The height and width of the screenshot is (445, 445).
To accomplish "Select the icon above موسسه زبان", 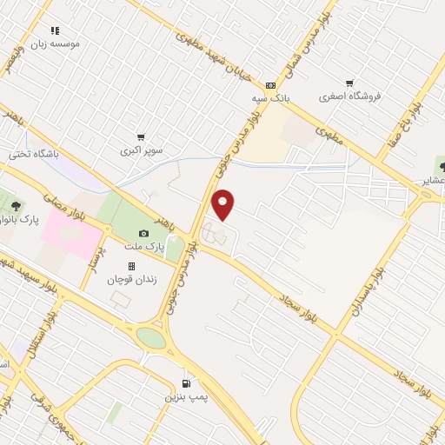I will (55, 30).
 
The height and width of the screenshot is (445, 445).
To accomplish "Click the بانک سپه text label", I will (271, 98).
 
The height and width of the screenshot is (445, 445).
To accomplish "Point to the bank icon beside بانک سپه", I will (270, 85).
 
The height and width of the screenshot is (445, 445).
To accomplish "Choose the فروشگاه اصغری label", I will (350, 96).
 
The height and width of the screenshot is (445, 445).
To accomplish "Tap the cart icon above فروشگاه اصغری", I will (349, 83).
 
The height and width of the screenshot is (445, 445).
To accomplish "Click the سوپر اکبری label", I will (142, 150).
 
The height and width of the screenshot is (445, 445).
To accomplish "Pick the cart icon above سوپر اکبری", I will (141, 137).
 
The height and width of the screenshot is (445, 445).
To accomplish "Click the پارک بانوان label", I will (17, 219).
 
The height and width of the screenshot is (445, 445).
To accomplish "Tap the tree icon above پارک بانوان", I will (16, 206).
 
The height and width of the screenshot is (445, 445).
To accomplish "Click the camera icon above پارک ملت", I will (143, 233).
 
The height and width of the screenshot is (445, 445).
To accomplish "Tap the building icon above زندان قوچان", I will (131, 266).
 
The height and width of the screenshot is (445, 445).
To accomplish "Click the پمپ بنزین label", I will (187, 396).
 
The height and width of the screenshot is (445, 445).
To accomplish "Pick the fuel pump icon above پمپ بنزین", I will (186, 383).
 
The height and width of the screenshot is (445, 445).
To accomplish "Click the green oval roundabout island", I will (150, 337).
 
